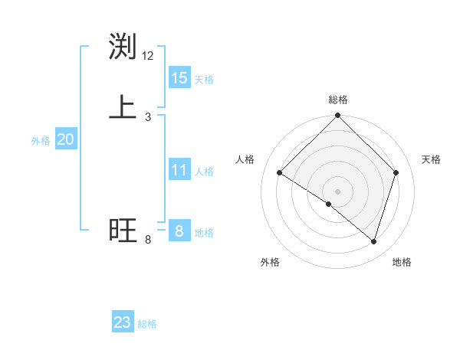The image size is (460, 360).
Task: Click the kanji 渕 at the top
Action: click(x=123, y=47)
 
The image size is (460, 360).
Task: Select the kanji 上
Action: click(x=123, y=107)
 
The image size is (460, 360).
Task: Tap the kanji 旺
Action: click(x=123, y=231)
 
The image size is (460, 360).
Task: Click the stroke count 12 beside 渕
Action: click(x=148, y=56)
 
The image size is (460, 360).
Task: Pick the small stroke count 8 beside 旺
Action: click(x=148, y=240)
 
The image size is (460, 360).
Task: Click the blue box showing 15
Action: click(x=179, y=77)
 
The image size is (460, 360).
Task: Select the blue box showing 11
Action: click(x=179, y=170)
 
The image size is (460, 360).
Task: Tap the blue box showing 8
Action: click(x=179, y=231)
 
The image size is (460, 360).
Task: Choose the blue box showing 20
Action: click(x=66, y=139)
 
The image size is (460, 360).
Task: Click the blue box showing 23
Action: click(x=123, y=322)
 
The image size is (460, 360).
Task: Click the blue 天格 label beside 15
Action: click(x=204, y=79)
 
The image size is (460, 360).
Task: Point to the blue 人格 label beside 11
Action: click(x=204, y=172)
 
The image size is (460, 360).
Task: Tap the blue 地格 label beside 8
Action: click(x=204, y=233)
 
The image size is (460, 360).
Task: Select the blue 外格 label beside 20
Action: click(x=41, y=141)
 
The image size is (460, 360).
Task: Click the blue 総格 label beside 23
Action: click(x=147, y=324)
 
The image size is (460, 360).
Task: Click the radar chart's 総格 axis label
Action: click(x=338, y=100)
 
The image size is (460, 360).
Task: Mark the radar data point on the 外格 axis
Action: click(x=329, y=204)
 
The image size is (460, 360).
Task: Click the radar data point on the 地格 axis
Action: click(x=374, y=241)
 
